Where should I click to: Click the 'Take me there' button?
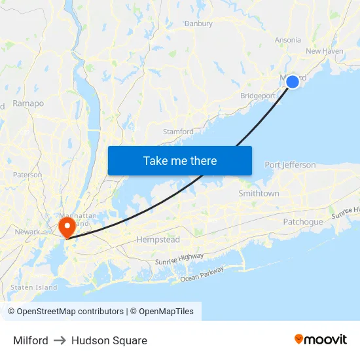coord(180,160)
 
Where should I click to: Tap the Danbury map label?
coord(198,24)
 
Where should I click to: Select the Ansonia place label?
coord(287,40)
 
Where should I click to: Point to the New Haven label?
coord(324,51)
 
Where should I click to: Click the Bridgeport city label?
coord(258,96)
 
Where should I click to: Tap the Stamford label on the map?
coord(178,132)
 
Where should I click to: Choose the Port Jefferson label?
coord(290,165)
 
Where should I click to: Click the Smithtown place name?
coord(259,194)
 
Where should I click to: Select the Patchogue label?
coord(302,222)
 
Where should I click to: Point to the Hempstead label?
coord(158,240)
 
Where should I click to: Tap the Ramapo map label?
coord(28,103)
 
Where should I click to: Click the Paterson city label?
coord(27,175)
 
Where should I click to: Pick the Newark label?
coord(27,232)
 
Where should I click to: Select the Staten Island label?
coord(34,287)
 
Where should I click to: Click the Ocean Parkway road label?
coord(202,274)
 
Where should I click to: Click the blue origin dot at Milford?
coord(293,81)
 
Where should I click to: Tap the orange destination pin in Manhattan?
coord(67,226)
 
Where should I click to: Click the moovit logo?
coord(321,340)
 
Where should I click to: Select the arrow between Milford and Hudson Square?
coord(60,340)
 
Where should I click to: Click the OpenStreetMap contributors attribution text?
coord(70,312)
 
